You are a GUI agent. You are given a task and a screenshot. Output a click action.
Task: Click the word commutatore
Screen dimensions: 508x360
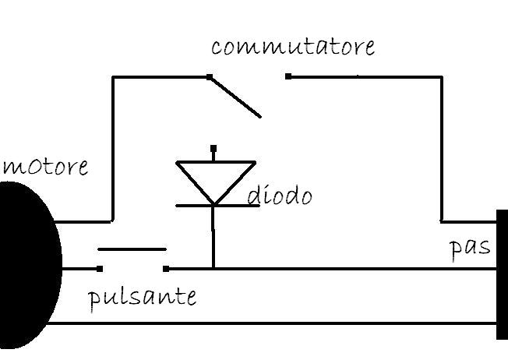pyautogui.click(x=293, y=47)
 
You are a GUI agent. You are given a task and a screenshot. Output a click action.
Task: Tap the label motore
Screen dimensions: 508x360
pyautogui.click(x=45, y=167)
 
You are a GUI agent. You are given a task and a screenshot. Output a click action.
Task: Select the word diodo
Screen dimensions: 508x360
pyautogui.click(x=280, y=196)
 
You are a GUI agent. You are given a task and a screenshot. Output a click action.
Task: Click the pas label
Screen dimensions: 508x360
pyautogui.click(x=470, y=249)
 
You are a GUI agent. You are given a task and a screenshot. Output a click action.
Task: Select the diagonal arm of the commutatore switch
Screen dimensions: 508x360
pyautogui.click(x=235, y=97)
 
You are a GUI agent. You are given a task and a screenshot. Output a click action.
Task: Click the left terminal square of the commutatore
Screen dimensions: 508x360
pyautogui.click(x=210, y=77)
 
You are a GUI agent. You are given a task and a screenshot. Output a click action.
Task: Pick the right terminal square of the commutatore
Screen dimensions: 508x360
pyautogui.click(x=288, y=76)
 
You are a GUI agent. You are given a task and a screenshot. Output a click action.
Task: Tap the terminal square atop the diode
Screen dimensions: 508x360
pyautogui.click(x=213, y=148)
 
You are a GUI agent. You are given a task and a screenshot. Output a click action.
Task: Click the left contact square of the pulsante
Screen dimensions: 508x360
pyautogui.click(x=100, y=269)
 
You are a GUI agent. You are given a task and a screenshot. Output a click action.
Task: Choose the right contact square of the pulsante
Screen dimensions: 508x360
pyautogui.click(x=166, y=269)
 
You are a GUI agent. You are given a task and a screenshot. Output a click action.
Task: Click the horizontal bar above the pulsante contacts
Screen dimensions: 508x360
pyautogui.click(x=132, y=249)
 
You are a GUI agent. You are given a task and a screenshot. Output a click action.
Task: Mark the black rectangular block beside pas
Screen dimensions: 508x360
pyautogui.click(x=503, y=274)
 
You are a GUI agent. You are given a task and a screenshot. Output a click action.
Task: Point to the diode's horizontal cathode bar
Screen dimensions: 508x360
pyautogui.click(x=217, y=206)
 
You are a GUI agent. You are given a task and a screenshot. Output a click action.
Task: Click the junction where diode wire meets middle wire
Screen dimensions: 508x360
pyautogui.click(x=213, y=269)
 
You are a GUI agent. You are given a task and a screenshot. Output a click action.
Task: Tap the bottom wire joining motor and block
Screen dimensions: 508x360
pyautogui.click(x=272, y=323)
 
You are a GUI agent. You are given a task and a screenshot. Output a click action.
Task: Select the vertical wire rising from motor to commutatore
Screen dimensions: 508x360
pyautogui.click(x=112, y=149)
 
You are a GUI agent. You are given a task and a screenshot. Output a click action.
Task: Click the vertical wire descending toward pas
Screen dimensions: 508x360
pyautogui.click(x=442, y=149)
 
